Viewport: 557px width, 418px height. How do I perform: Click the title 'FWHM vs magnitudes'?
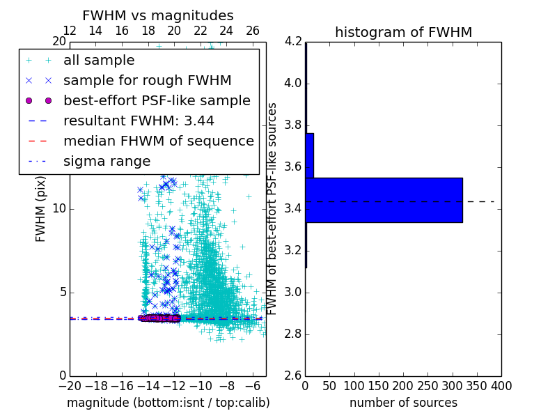(x=158, y=15)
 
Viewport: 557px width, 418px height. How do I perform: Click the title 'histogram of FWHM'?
(x=403, y=32)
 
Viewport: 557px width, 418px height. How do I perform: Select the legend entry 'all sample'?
(x=99, y=61)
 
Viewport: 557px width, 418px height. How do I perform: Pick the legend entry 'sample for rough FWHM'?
(x=147, y=80)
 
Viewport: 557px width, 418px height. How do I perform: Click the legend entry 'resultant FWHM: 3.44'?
(x=139, y=121)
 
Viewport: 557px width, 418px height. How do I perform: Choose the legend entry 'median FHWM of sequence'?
(x=158, y=141)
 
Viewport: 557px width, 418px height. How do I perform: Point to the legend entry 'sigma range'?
(x=107, y=161)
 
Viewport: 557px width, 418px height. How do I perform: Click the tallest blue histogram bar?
(x=384, y=200)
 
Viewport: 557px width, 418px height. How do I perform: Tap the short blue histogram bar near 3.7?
(x=309, y=155)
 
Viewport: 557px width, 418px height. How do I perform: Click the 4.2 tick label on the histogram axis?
(x=294, y=42)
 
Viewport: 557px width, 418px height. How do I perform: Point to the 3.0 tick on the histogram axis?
(x=294, y=292)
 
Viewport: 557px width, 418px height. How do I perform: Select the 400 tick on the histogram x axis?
(x=501, y=385)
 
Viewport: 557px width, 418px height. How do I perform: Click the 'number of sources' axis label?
(x=403, y=403)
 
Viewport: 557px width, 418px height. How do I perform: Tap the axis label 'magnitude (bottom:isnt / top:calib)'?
(x=168, y=403)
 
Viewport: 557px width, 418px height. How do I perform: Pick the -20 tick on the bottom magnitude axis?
(x=70, y=385)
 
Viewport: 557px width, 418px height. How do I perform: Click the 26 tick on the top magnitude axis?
(x=252, y=31)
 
